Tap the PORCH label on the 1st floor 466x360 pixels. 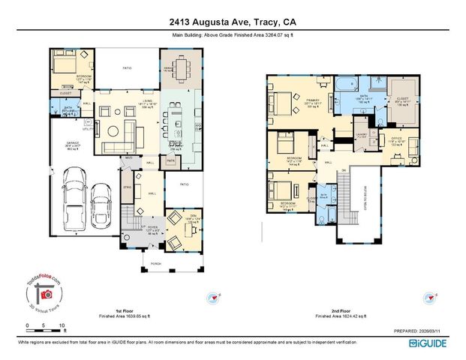pyautogui.click(x=156, y=262)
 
